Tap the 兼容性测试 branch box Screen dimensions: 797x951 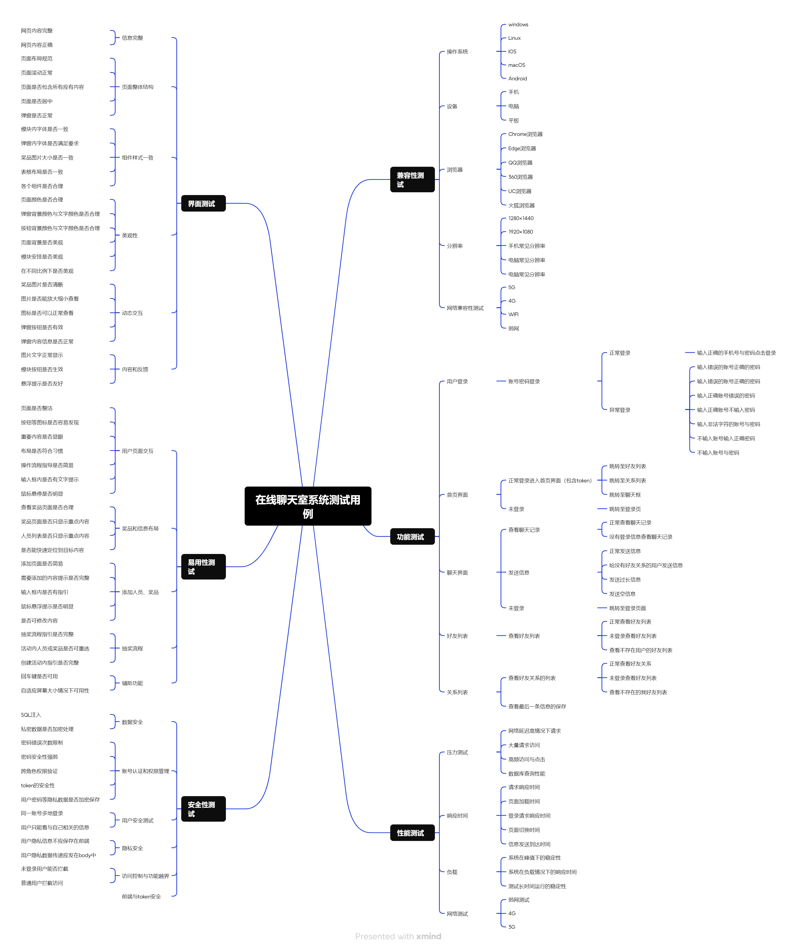point(412,179)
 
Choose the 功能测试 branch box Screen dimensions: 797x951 point(412,537)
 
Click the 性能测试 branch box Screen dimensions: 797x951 point(412,833)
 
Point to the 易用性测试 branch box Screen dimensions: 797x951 point(203,566)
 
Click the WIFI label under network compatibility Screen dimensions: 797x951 point(513,314)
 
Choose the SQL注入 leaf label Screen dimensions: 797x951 point(31,715)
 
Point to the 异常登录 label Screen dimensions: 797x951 point(620,410)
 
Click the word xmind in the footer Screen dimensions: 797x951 point(429,936)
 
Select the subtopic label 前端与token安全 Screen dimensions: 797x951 point(141,897)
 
